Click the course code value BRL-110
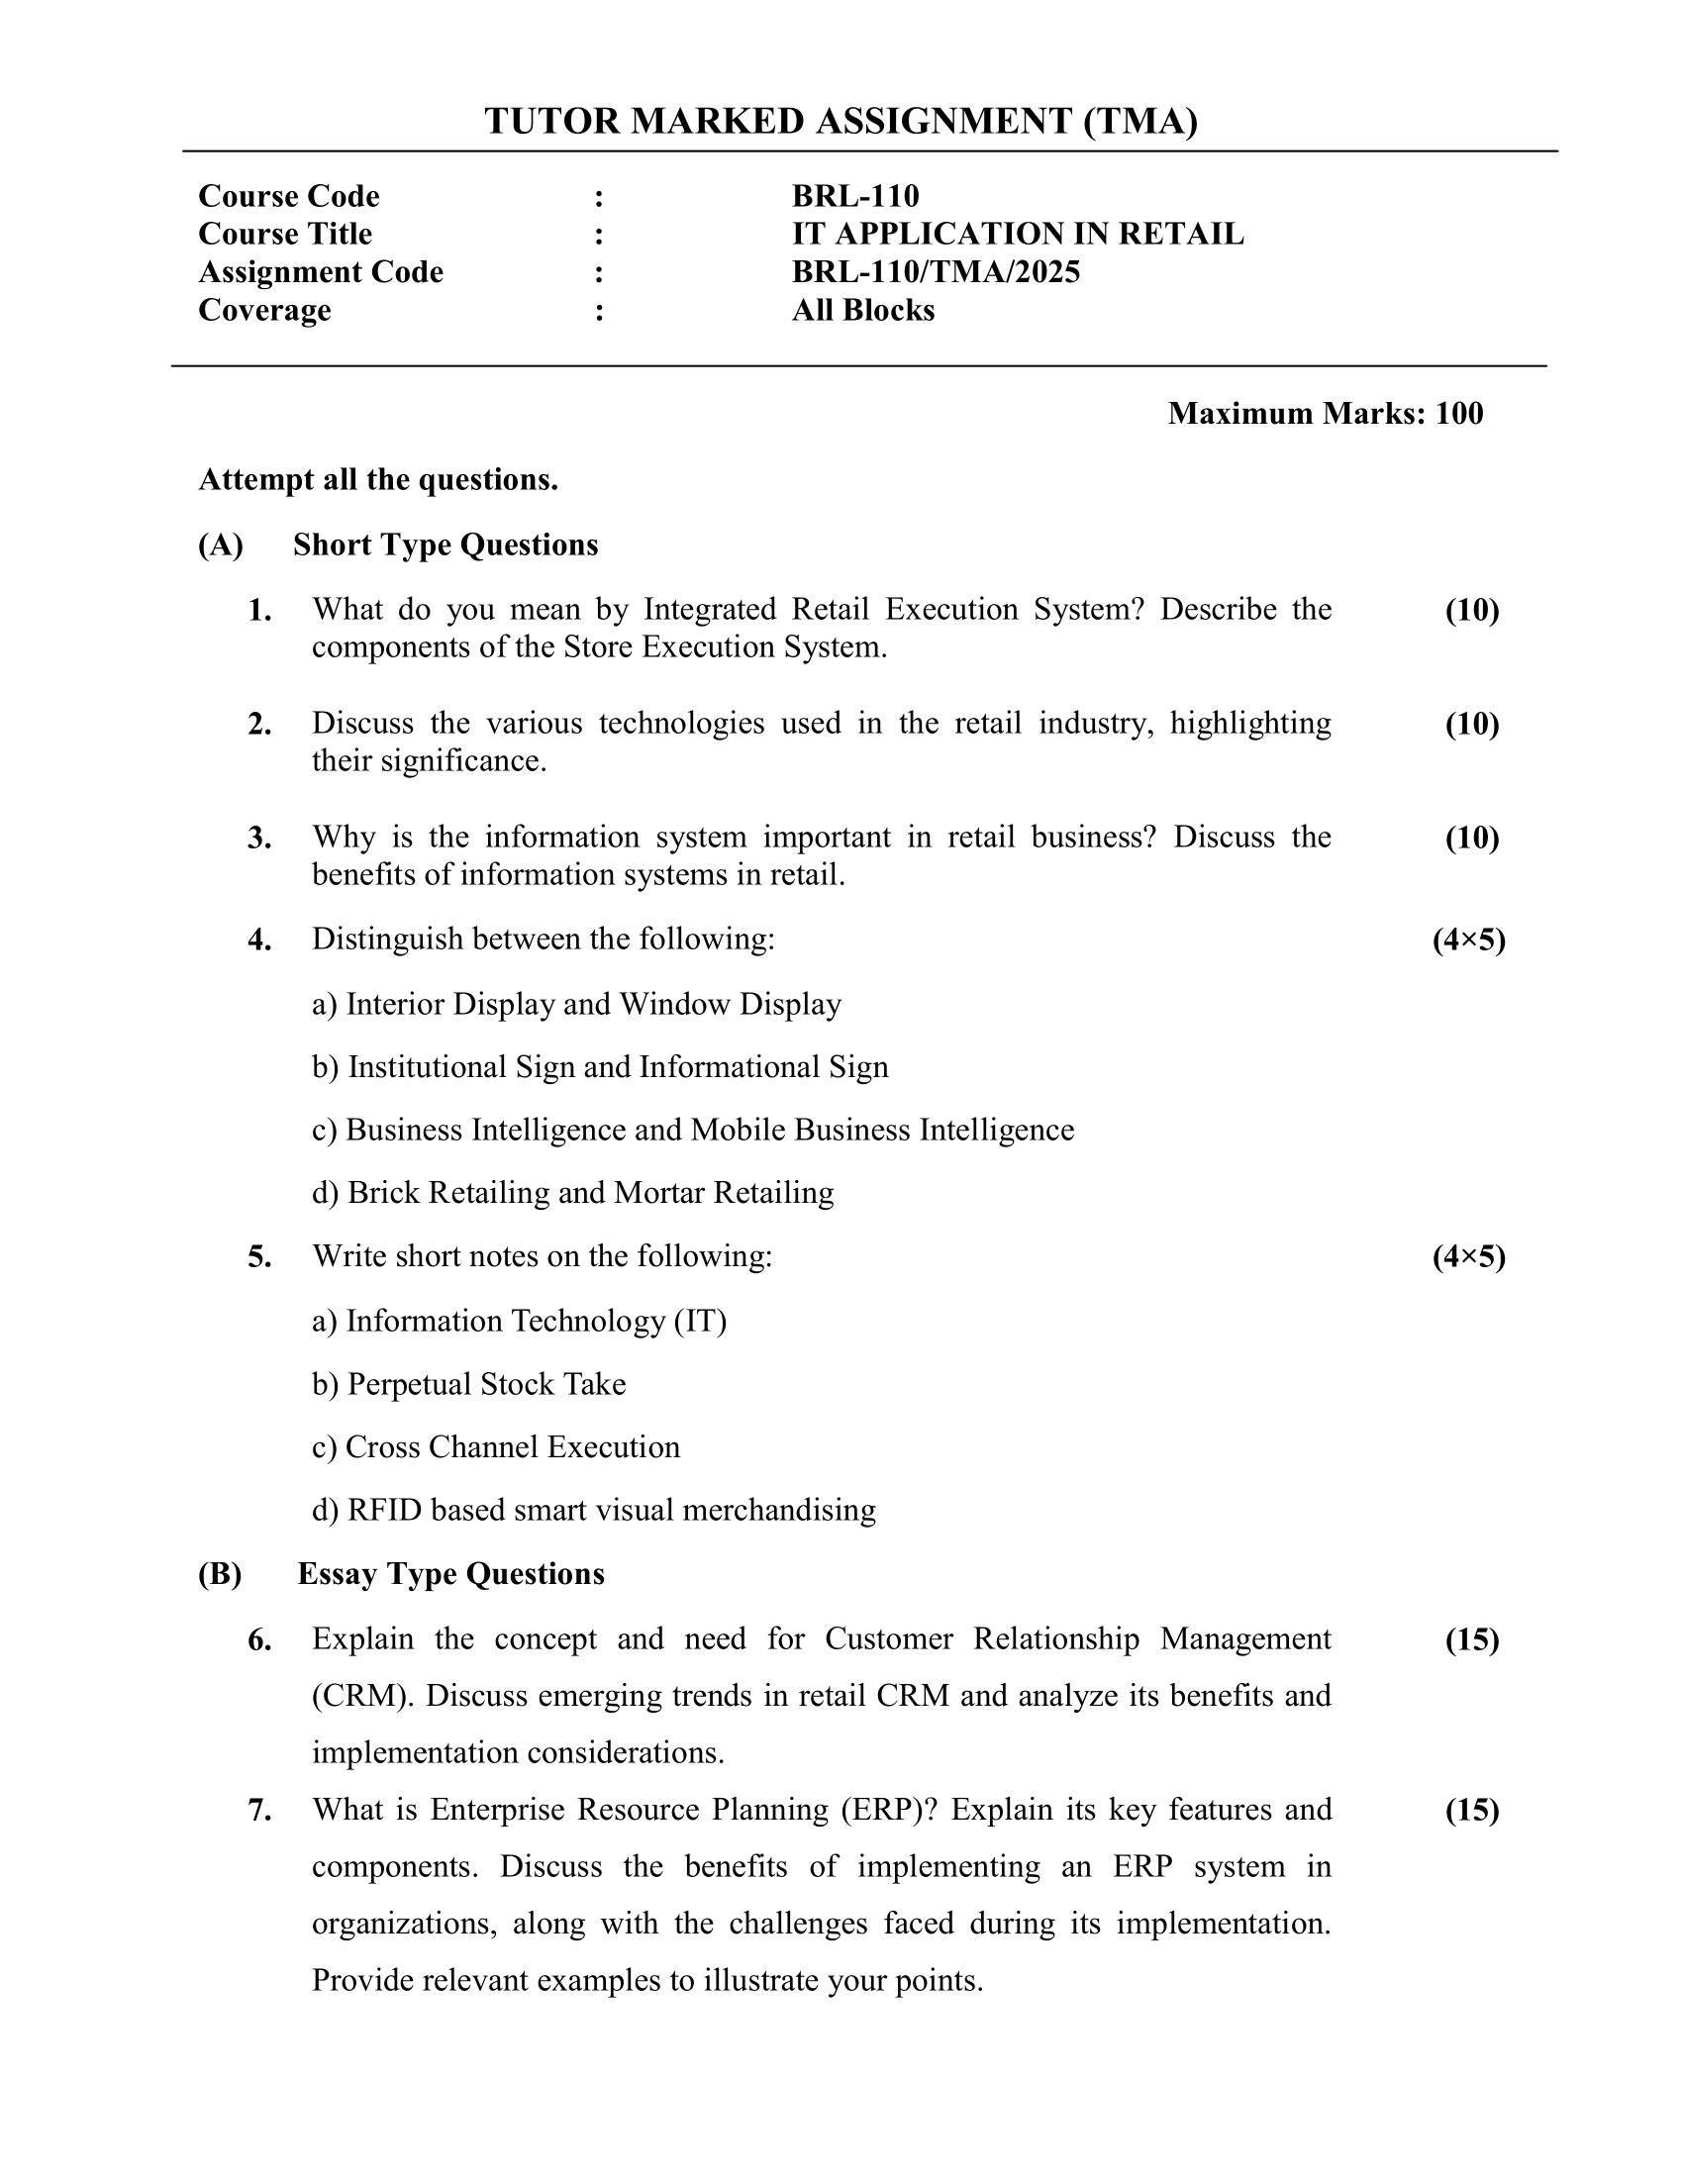[x=854, y=195]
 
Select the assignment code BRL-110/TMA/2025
[x=936, y=271]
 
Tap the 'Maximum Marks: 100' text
[x=1325, y=413]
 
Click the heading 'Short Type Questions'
[x=445, y=544]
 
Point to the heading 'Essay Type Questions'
[x=450, y=1573]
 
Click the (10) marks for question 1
[x=1471, y=609]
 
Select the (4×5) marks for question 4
[x=1468, y=940]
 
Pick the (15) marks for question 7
[x=1471, y=1809]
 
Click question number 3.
[x=259, y=838]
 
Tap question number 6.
[x=259, y=1639]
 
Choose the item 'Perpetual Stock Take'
[x=485, y=1384]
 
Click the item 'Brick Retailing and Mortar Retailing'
[x=589, y=1193]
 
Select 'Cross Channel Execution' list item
[x=512, y=1447]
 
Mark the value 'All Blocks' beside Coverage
[x=862, y=310]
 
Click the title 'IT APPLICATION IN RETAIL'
[x=1017, y=234]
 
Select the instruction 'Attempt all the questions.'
[x=378, y=480]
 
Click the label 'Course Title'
[x=285, y=234]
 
